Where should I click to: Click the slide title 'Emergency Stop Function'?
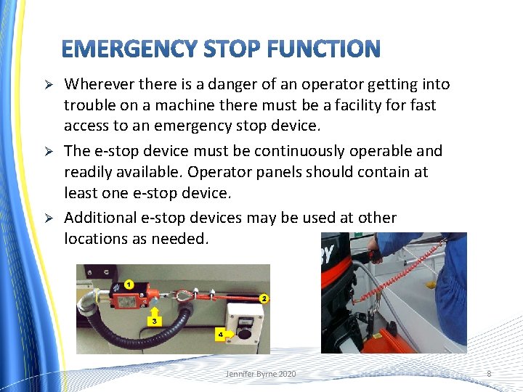coord(220,49)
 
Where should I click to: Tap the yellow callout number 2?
coord(264,298)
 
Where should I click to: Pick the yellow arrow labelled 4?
coord(224,334)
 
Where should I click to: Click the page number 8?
coord(489,374)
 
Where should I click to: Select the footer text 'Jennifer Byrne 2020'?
coord(261,374)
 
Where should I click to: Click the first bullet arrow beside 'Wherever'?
coord(50,86)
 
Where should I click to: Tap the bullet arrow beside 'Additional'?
coord(50,219)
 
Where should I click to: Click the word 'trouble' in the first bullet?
coord(88,105)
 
